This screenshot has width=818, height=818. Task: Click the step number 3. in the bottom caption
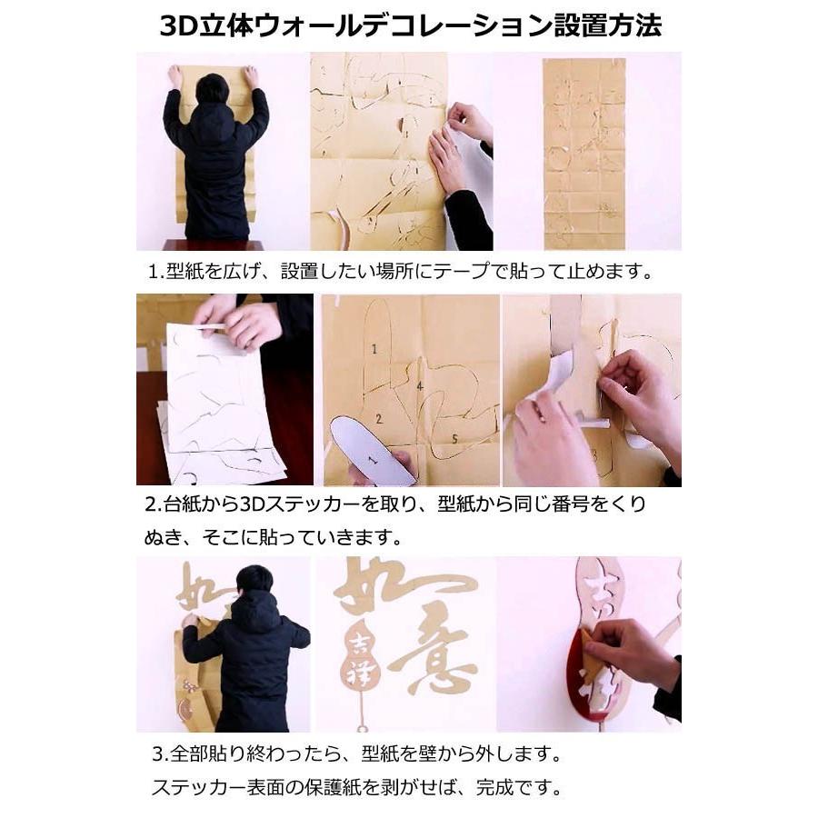tap(159, 754)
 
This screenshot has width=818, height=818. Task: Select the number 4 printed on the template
tap(419, 386)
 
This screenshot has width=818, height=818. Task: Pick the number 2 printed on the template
tap(379, 419)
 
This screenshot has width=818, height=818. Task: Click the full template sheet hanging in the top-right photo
tap(584, 153)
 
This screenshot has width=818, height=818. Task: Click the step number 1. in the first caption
tap(155, 271)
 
